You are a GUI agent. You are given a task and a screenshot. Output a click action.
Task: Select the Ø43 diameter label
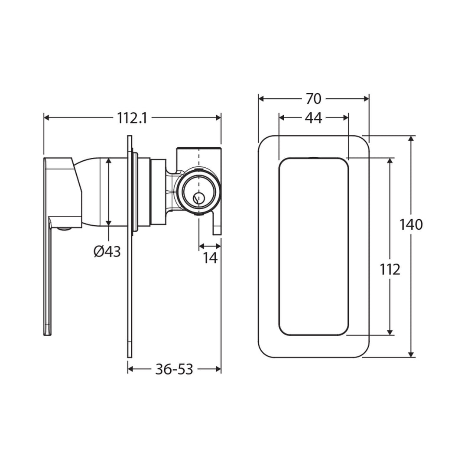coord(107,251)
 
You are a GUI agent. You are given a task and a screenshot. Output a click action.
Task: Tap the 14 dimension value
coord(210,258)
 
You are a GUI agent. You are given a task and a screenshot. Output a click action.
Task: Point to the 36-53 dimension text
coord(174,369)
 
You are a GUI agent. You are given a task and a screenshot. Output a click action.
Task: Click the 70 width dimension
coord(313,99)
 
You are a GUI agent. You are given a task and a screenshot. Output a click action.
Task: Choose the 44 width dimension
coord(313,118)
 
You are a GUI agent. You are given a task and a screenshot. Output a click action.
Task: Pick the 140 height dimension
coord(411,224)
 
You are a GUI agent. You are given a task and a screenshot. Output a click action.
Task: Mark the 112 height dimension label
coord(390,270)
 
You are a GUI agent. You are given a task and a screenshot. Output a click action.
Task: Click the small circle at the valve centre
coord(198,198)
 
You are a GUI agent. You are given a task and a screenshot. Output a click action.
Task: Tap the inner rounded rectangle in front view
coord(313,246)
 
